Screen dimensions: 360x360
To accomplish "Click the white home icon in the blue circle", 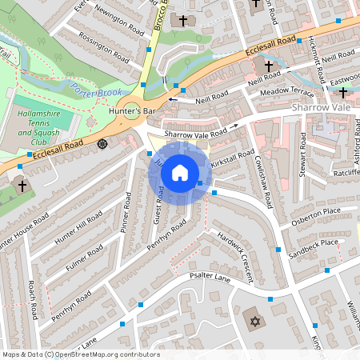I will [180, 172].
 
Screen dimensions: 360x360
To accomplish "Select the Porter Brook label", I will [95, 90].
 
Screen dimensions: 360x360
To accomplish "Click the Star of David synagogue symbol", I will [256, 321].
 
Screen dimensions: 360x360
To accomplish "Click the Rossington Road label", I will [101, 47].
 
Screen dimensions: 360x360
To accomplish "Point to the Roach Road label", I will [33, 297].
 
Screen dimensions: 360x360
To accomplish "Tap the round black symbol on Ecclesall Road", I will [102, 144].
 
